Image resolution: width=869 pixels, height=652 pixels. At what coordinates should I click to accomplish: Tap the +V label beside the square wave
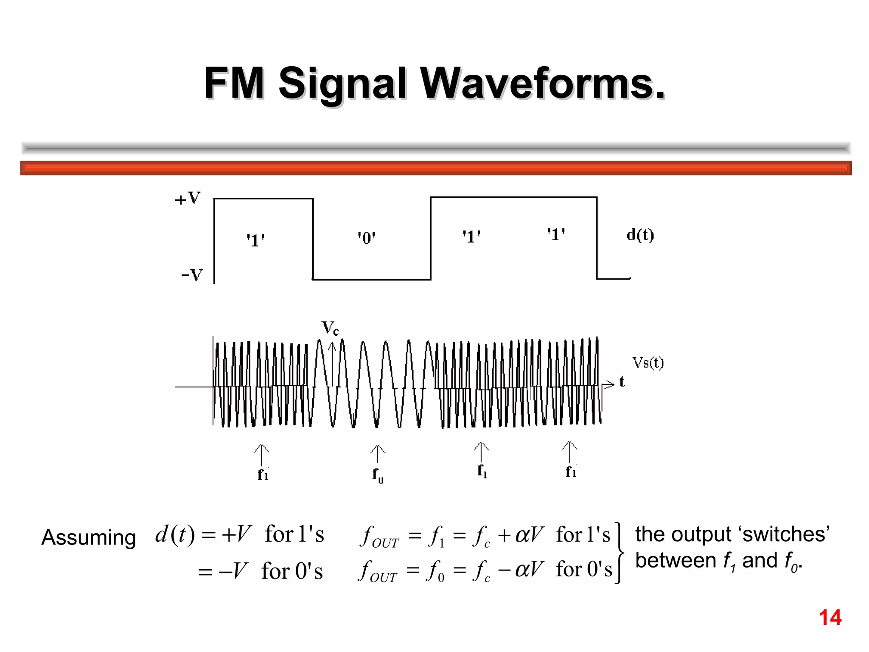[187, 198]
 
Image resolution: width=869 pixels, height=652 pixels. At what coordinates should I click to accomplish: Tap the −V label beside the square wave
[192, 275]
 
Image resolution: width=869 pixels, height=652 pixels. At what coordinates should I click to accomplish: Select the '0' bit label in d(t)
[367, 238]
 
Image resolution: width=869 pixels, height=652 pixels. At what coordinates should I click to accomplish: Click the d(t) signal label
[640, 235]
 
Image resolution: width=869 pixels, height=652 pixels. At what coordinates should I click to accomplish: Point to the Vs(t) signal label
[648, 363]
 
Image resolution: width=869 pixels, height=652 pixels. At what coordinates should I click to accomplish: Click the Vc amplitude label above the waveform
[330, 328]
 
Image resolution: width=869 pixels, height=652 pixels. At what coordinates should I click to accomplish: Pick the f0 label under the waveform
[378, 475]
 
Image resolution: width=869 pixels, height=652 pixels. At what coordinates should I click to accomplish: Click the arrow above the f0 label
[378, 453]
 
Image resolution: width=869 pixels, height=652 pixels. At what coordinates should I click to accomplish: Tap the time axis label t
[622, 382]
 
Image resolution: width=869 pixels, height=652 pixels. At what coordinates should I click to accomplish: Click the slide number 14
[830, 618]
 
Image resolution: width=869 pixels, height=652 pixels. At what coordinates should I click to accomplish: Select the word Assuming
[89, 537]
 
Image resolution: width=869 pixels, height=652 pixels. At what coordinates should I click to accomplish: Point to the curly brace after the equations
[620, 553]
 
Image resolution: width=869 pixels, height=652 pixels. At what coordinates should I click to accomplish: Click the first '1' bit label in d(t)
[256, 240]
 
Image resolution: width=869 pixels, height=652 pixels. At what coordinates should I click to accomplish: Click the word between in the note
[676, 561]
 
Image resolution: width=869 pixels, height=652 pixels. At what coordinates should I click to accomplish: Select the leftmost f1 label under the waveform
[263, 474]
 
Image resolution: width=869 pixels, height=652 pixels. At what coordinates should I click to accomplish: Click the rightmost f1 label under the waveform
[571, 471]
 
